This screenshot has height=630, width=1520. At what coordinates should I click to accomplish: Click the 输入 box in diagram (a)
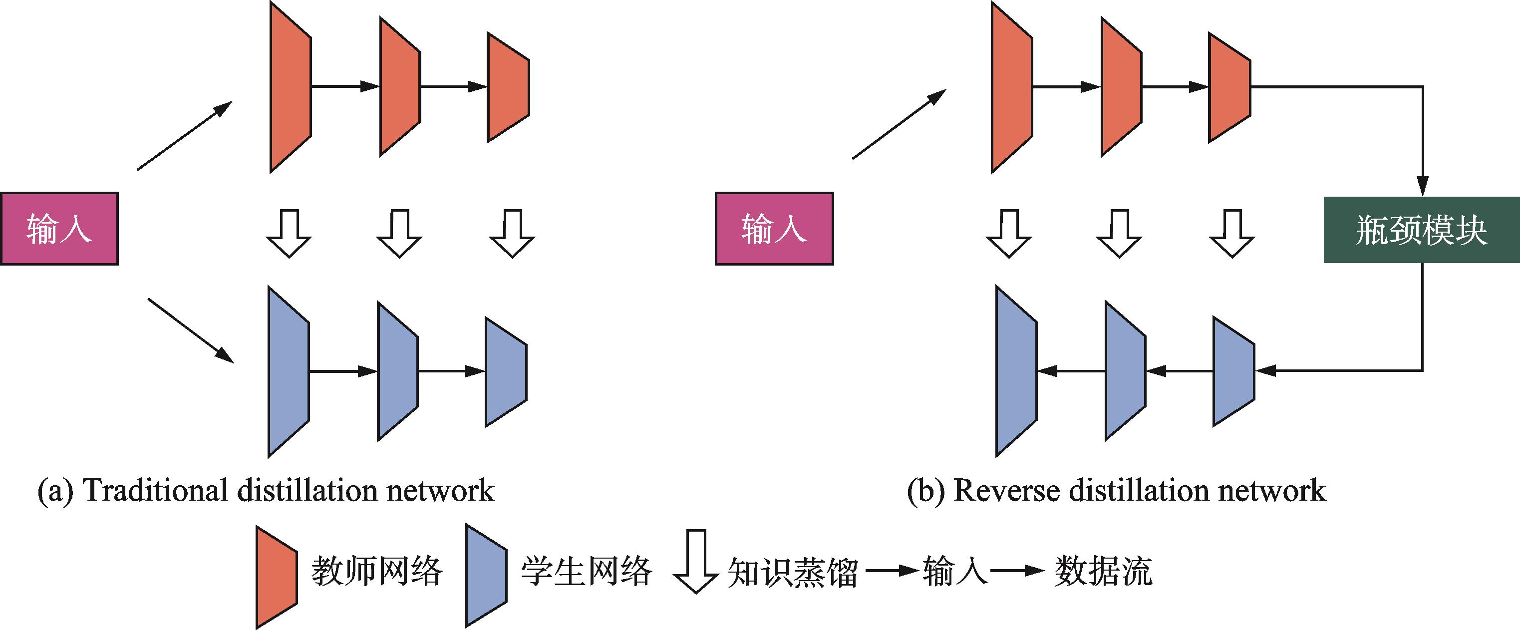click(x=59, y=229)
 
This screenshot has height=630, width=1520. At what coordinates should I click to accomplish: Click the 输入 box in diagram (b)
click(x=774, y=229)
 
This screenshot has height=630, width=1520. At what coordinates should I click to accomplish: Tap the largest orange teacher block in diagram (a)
click(x=291, y=87)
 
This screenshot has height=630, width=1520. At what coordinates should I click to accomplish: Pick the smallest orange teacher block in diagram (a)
click(x=508, y=87)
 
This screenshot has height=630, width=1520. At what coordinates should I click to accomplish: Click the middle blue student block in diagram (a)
click(x=398, y=371)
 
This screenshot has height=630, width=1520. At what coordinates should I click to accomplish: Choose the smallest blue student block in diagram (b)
click(x=1233, y=371)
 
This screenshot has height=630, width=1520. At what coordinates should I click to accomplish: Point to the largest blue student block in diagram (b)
click(x=1016, y=371)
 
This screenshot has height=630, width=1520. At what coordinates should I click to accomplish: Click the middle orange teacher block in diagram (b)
click(x=1121, y=87)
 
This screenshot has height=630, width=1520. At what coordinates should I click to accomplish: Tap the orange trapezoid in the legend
click(x=276, y=577)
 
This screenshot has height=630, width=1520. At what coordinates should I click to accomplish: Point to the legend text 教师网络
click(x=377, y=571)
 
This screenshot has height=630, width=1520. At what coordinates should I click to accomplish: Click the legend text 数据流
click(x=1103, y=571)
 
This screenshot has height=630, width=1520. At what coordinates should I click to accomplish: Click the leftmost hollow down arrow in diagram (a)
click(x=289, y=234)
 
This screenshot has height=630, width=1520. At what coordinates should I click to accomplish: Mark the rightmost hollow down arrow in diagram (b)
click(x=1232, y=234)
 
